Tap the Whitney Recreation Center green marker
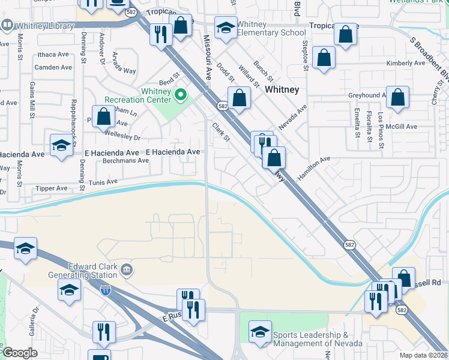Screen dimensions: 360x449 [179, 94]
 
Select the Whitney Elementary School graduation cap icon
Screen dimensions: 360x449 [226, 28]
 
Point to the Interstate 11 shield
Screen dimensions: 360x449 [106, 290]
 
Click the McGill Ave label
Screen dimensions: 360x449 [402, 126]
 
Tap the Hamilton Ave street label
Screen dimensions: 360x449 [314, 167]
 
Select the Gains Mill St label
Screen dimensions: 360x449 [32, 100]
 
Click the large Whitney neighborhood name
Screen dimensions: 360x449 [282, 89]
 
